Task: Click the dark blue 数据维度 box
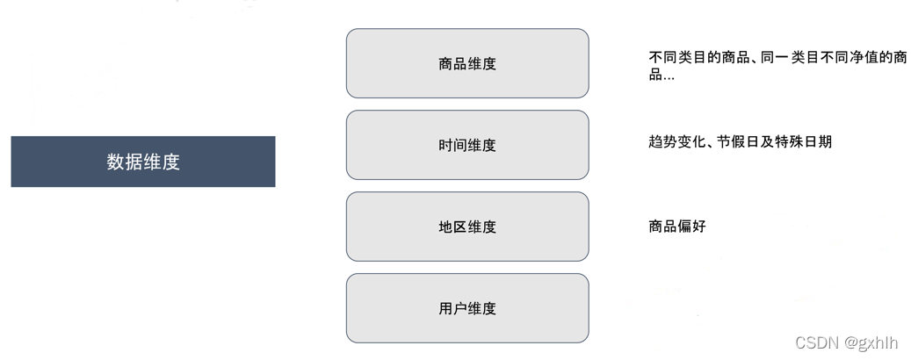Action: (142, 162)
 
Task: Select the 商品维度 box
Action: (466, 63)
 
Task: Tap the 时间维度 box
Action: (466, 145)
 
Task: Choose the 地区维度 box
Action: (466, 227)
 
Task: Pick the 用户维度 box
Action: (466, 308)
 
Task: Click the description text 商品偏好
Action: (676, 227)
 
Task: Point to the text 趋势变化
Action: (676, 141)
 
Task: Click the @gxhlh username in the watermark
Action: (871, 342)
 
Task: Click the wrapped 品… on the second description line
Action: (662, 75)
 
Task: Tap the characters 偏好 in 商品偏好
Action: (691, 227)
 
